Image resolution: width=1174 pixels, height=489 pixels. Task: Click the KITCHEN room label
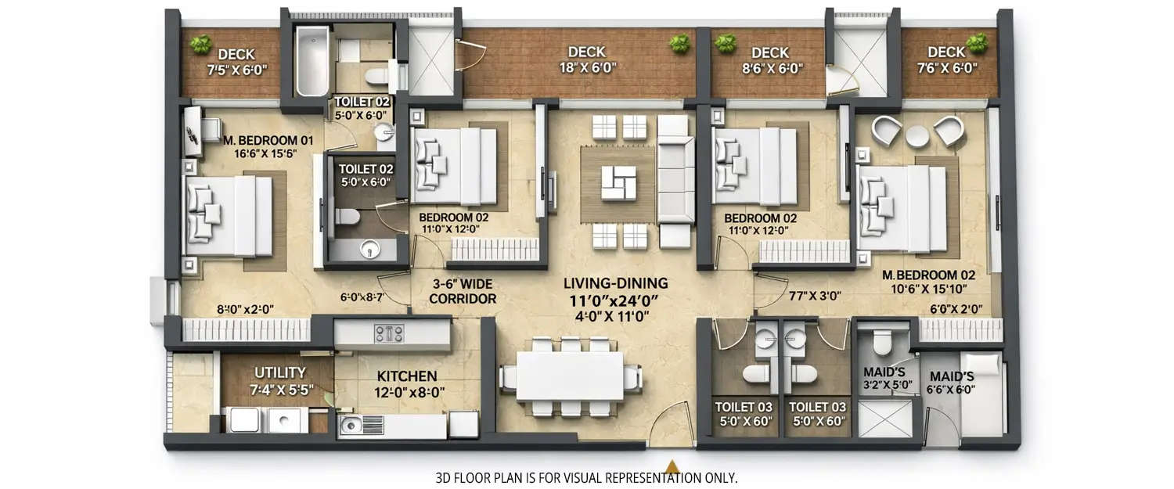coord(407,376)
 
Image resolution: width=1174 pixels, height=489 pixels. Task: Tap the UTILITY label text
coord(279,373)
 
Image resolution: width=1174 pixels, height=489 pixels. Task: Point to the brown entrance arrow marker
coord(672,465)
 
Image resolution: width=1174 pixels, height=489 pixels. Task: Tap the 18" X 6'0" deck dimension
coord(587,68)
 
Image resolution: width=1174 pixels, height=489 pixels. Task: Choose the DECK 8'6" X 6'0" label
coord(770,60)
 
